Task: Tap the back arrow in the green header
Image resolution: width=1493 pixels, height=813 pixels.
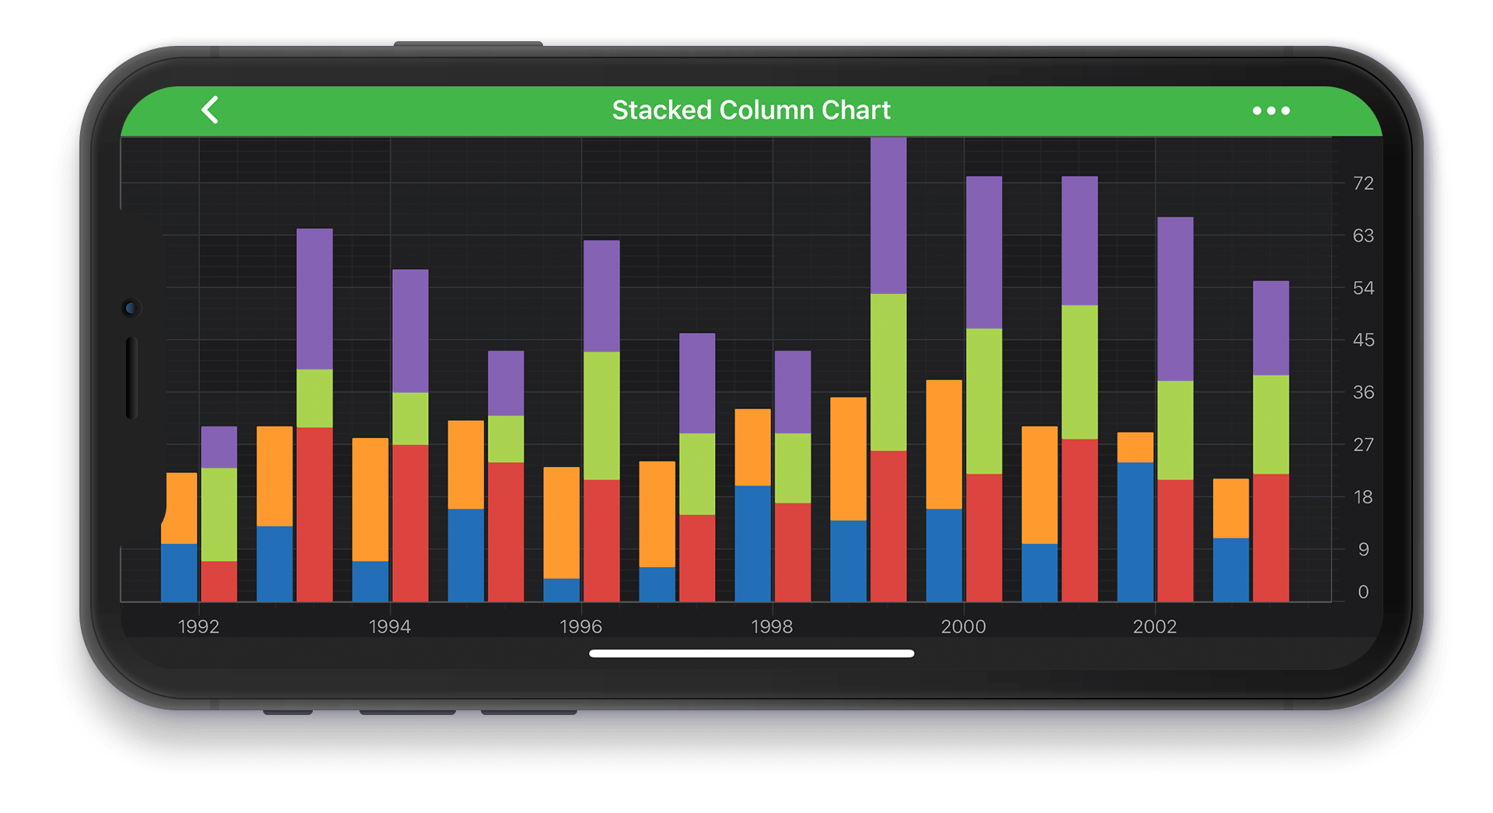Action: click(210, 110)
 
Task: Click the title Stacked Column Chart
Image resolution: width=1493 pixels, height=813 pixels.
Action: click(751, 110)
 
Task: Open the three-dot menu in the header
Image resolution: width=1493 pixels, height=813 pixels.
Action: click(1270, 111)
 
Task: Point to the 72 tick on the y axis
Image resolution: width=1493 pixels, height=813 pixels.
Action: click(1363, 184)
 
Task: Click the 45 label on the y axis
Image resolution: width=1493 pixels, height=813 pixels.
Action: click(1363, 340)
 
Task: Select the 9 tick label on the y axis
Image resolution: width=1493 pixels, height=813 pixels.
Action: click(1363, 549)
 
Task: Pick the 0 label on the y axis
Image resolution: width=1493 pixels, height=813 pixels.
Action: click(1363, 592)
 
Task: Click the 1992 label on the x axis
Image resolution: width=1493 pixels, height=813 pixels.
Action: click(198, 626)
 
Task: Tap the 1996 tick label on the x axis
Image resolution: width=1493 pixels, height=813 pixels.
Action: click(580, 626)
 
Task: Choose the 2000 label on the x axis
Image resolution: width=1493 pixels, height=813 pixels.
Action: click(963, 626)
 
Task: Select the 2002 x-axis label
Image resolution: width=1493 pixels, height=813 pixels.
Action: click(1155, 626)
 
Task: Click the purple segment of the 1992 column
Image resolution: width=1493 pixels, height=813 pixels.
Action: click(219, 447)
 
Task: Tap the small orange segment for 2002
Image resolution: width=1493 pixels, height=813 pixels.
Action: click(1135, 447)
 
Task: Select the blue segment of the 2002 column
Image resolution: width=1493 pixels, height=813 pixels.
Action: click(1135, 531)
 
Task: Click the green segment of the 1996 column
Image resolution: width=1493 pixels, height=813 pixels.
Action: click(601, 415)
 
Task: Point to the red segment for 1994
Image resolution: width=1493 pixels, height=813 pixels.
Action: click(410, 522)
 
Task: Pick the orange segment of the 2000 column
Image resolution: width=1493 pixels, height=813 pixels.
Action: click(944, 444)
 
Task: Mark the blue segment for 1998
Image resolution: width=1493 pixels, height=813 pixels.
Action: click(752, 543)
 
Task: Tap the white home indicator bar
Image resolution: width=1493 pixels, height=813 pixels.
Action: click(752, 654)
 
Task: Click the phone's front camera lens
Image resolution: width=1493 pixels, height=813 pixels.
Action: click(131, 308)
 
